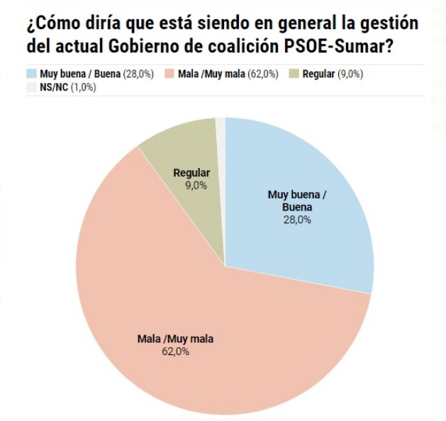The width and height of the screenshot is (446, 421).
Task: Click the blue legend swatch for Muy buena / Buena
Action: pos(31,74)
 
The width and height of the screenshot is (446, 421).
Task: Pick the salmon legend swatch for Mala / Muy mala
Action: pos(169,74)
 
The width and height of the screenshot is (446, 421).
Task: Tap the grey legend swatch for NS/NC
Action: pos(31,87)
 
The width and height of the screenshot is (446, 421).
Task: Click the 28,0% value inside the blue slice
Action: pos(299,220)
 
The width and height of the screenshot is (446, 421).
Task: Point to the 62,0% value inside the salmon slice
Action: pos(175,351)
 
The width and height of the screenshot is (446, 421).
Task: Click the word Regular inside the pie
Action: pos(192,173)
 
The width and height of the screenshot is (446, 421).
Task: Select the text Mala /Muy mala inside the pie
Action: pos(175,339)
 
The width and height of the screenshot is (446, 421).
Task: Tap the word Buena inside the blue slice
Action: pos(297,207)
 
